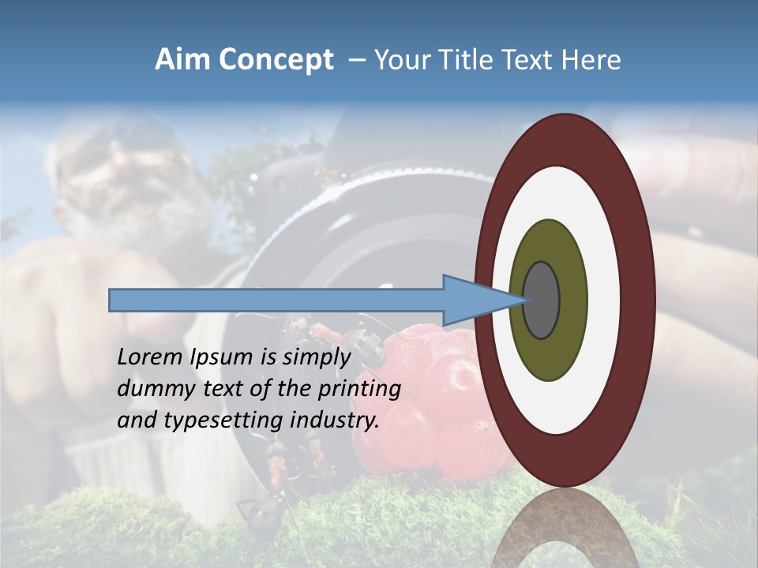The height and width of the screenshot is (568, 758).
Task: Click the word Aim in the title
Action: pyautogui.click(x=182, y=60)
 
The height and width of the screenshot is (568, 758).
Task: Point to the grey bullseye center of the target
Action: pyautogui.click(x=541, y=301)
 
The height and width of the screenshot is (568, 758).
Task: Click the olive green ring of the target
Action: pyautogui.click(x=549, y=245)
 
